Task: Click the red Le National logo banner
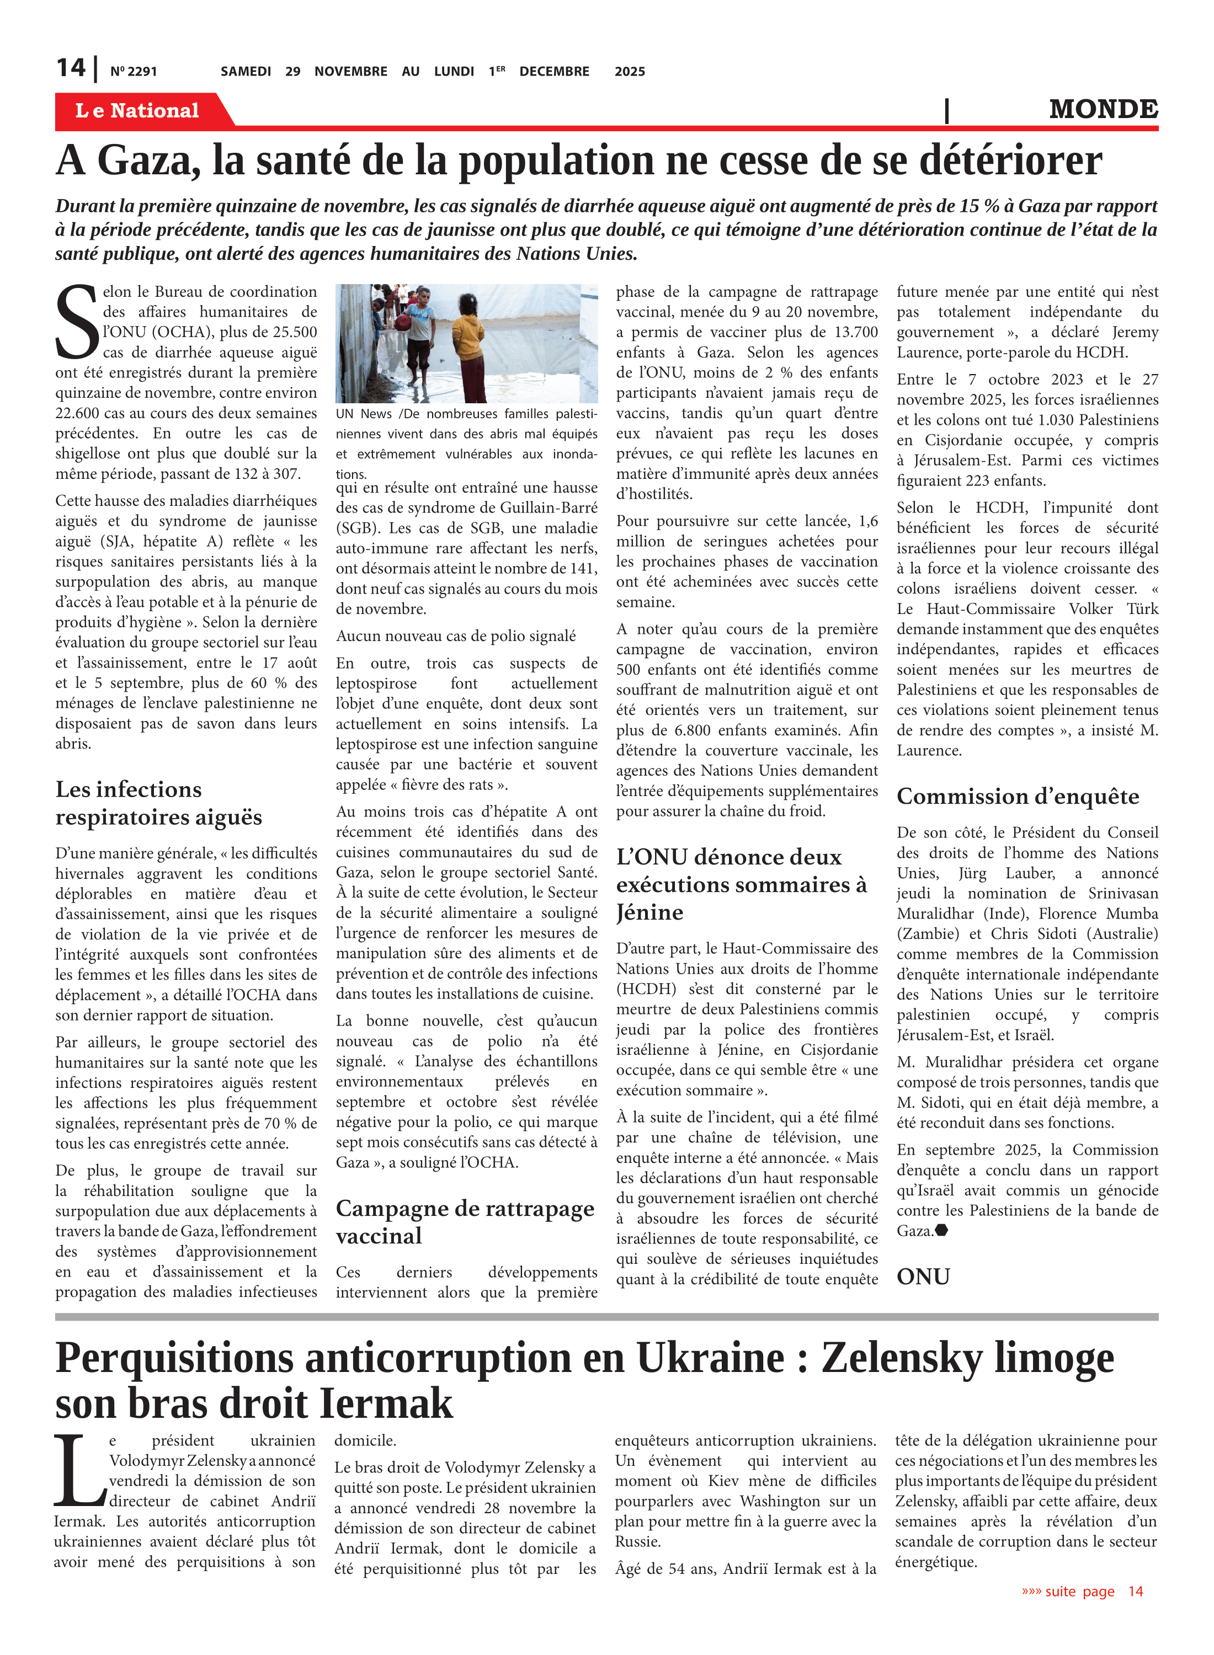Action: tap(137, 110)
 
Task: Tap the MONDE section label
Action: tap(1103, 109)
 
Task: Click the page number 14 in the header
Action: tap(71, 68)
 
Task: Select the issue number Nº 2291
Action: tap(133, 71)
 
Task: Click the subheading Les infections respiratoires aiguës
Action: tap(158, 803)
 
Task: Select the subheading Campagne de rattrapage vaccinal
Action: tap(465, 1221)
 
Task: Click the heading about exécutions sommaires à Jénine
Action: tap(741, 884)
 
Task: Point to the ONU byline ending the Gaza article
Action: tap(923, 1276)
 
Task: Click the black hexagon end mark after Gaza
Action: tap(941, 1230)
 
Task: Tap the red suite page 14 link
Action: tap(1082, 1592)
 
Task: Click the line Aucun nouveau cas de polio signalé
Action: tap(456, 636)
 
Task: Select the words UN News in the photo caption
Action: tap(364, 414)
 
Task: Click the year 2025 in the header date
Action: tap(630, 71)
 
